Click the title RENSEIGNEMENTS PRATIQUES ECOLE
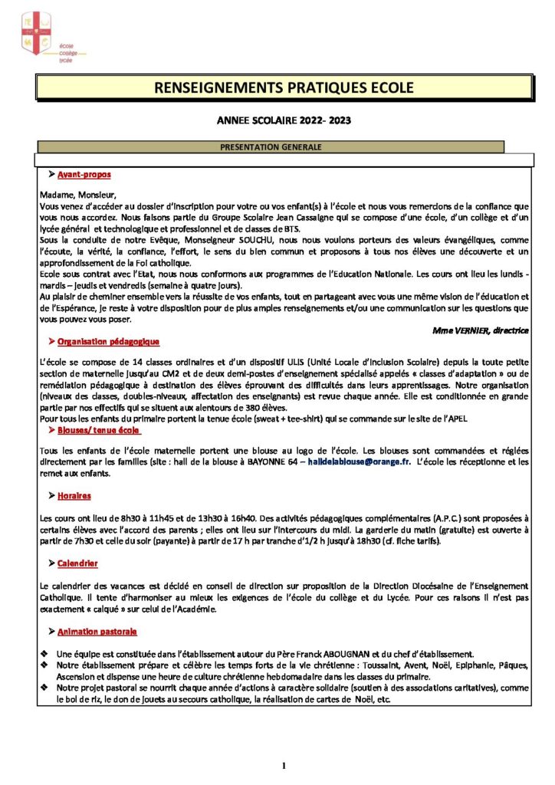click(284, 88)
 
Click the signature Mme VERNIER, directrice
click(481, 330)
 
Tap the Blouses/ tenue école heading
click(94, 431)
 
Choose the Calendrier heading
click(77, 563)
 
